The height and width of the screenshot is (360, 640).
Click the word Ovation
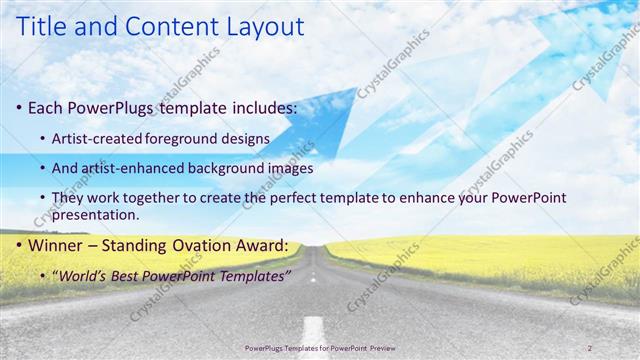pos(207,245)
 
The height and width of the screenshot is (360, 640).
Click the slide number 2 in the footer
pos(590,347)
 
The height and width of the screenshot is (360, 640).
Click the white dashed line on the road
pos(313,328)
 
